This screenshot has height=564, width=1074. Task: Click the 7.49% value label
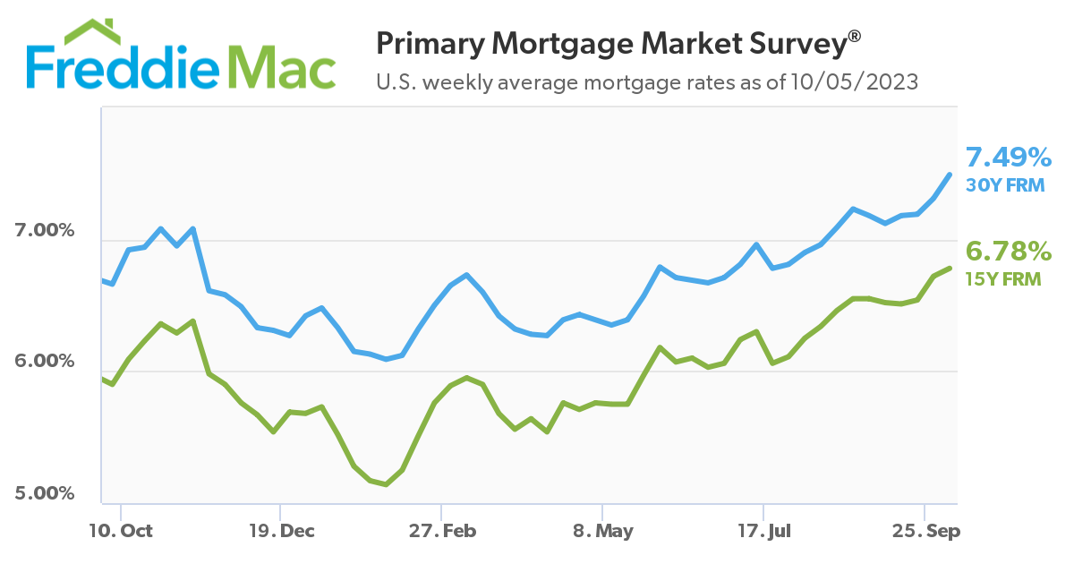[1009, 158]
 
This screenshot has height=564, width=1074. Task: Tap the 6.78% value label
[1009, 250]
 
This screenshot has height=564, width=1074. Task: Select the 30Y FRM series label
[1003, 187]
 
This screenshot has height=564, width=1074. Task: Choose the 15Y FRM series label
[1002, 278]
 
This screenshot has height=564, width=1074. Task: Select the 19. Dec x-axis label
[281, 531]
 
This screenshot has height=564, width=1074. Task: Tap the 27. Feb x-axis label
[441, 531]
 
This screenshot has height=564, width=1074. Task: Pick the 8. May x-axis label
[602, 531]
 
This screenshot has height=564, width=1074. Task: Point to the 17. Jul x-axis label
[763, 531]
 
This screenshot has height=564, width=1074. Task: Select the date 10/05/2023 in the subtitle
[854, 83]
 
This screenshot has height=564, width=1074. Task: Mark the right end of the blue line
[950, 174]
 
